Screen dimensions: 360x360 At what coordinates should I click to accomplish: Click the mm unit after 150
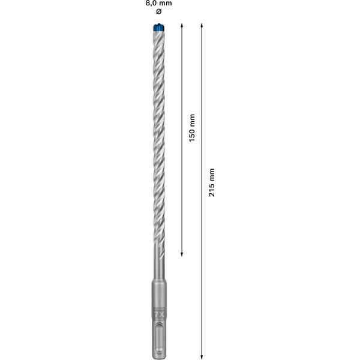192,119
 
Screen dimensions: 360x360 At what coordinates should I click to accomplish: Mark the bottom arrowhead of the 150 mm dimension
182,254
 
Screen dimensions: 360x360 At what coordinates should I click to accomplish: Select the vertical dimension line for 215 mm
202,270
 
